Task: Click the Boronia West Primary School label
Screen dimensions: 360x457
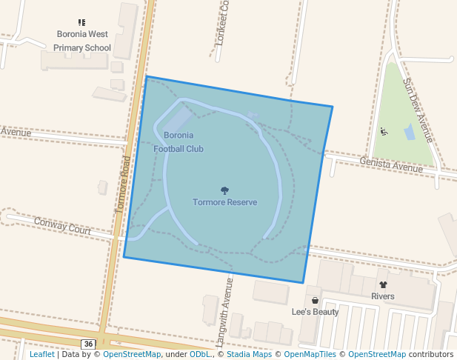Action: pos(82,41)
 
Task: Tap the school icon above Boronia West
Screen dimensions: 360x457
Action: pos(81,23)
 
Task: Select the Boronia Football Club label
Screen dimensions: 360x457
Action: pos(179,141)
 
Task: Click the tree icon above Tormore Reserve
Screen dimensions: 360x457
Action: pos(224,190)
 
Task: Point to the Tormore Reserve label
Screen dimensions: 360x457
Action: pos(224,202)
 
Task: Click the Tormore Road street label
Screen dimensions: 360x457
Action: pos(124,184)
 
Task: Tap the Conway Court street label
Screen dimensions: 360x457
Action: pos(62,225)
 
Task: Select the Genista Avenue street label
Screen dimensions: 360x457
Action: pos(391,164)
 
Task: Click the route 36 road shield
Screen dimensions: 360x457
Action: pos(88,344)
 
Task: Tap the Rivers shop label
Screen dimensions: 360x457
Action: pos(383,296)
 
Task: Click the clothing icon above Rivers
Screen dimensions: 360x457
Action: pos(383,284)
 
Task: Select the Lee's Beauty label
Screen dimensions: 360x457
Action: pos(315,312)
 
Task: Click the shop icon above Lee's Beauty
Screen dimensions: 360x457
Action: pos(315,301)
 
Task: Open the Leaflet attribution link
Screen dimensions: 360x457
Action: pos(42,354)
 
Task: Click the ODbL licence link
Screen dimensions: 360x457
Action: pos(199,354)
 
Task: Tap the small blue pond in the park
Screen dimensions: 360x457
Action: pos(410,133)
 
